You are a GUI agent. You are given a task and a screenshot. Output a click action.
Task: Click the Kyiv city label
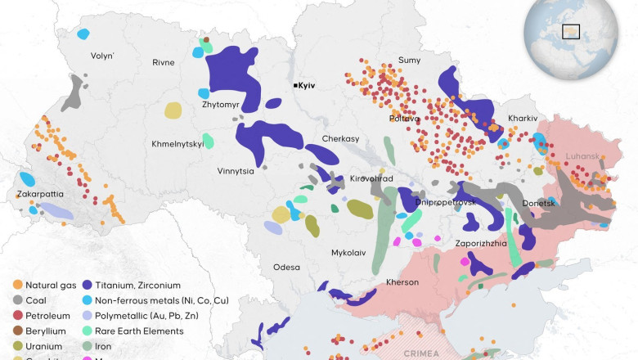[x=308, y=85]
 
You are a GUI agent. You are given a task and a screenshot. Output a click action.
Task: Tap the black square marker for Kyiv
[x=295, y=85]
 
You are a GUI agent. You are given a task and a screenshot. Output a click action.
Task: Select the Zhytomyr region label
[x=220, y=105]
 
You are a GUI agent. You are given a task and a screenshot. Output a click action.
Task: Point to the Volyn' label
[x=102, y=56]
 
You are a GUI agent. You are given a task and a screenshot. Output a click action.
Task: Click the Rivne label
[x=164, y=62]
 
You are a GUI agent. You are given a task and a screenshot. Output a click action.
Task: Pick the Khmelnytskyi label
[x=177, y=144]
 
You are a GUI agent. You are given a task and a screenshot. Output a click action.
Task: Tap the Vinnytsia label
[x=213, y=172]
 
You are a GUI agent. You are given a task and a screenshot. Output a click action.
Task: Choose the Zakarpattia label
[x=41, y=194]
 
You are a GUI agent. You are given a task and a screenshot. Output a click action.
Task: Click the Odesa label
[x=286, y=267]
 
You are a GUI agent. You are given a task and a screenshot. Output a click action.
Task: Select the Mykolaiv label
[x=348, y=253]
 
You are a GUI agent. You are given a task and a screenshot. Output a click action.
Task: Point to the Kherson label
[x=402, y=282]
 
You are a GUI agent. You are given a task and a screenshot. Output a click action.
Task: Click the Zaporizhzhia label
[x=482, y=243]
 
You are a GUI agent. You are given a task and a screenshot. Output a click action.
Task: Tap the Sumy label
[x=409, y=60]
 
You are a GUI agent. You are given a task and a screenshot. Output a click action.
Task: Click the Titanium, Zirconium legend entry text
[x=137, y=285]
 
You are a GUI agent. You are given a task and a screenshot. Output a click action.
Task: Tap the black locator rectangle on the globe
[x=571, y=32]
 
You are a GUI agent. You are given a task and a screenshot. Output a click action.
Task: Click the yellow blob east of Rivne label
[x=173, y=110]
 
